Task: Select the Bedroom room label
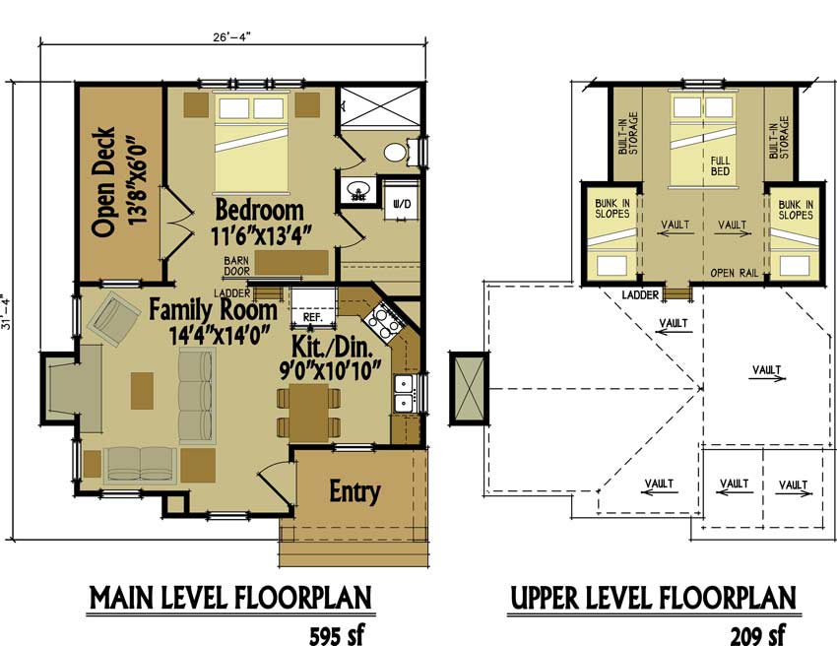click(x=259, y=210)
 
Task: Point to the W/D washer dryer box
click(x=402, y=203)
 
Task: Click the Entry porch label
click(x=354, y=490)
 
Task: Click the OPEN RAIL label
click(x=735, y=273)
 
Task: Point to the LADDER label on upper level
click(x=640, y=293)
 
